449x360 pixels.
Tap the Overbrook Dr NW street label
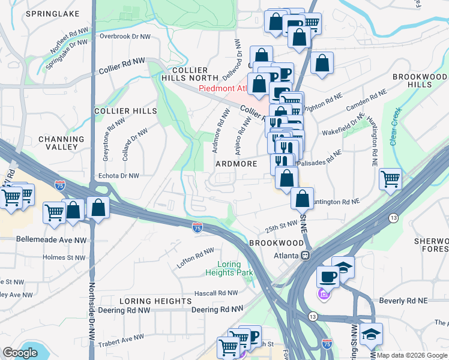(x=125, y=36)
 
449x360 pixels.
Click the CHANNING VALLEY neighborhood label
(x=58, y=143)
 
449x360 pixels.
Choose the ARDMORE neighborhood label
(x=236, y=164)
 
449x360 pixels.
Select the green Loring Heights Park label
(x=235, y=269)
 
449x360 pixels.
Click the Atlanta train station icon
(x=305, y=255)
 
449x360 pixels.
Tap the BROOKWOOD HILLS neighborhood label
(x=420, y=81)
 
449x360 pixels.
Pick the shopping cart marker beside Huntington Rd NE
(x=390, y=178)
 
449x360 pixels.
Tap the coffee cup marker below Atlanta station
(x=328, y=276)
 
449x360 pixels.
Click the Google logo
(x=20, y=353)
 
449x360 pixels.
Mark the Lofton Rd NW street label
(x=194, y=257)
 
